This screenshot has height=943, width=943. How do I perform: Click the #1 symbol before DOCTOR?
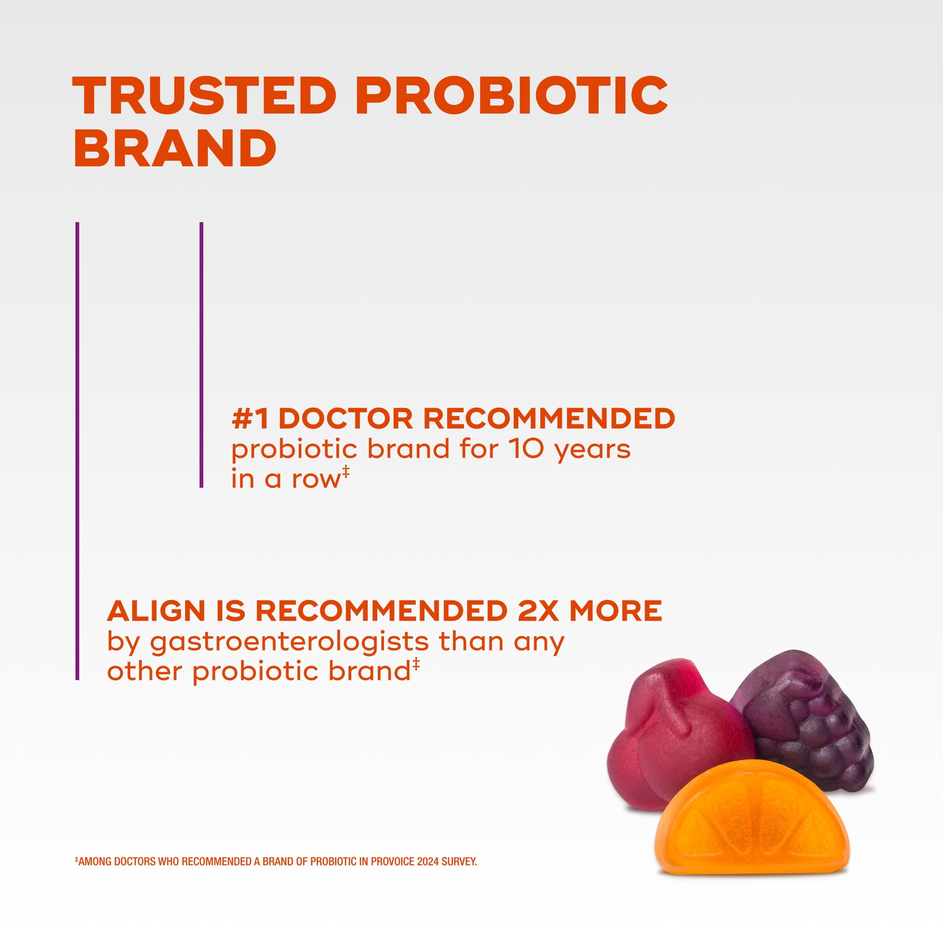[x=250, y=419]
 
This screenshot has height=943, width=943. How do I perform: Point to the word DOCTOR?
[x=346, y=419]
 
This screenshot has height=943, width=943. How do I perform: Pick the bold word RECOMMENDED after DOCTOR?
[x=549, y=419]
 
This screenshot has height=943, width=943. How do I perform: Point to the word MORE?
[x=616, y=611]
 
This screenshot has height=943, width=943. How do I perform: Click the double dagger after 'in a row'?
[x=345, y=472]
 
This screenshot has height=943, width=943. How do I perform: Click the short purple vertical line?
[x=201, y=355]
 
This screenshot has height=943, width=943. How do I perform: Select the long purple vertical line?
[x=77, y=451]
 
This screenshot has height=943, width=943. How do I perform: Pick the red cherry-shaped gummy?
[x=673, y=732]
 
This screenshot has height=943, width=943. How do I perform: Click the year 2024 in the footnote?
[x=428, y=862]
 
